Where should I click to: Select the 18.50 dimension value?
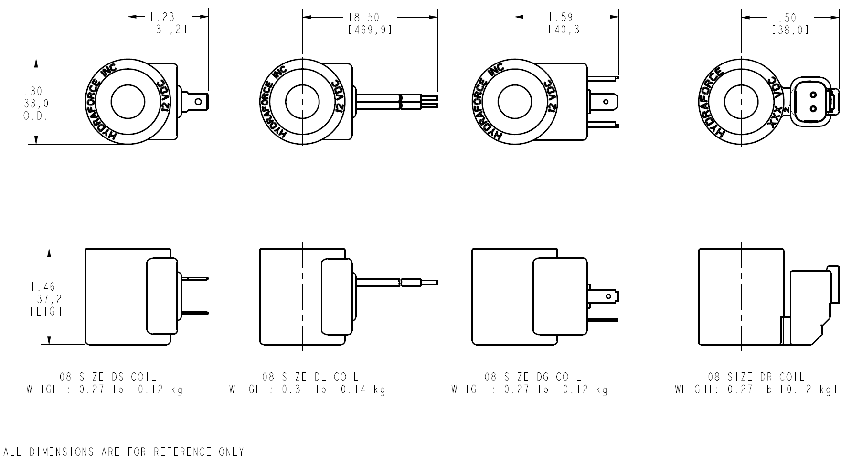tap(364, 18)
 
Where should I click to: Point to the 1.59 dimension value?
tap(560, 18)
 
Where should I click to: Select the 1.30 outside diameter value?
tap(30, 91)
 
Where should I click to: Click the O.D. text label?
tap(35, 116)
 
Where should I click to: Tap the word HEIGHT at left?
tap(49, 312)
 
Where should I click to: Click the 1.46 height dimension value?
tap(43, 287)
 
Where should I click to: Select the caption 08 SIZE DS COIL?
tap(108, 378)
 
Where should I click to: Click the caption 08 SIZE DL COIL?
tap(310, 378)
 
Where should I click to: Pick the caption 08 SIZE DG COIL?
tap(533, 378)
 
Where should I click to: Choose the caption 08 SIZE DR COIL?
tap(756, 378)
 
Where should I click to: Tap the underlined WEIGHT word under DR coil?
tap(694, 390)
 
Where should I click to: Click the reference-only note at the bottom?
tap(124, 452)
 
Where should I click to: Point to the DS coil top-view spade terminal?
tap(200, 101)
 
